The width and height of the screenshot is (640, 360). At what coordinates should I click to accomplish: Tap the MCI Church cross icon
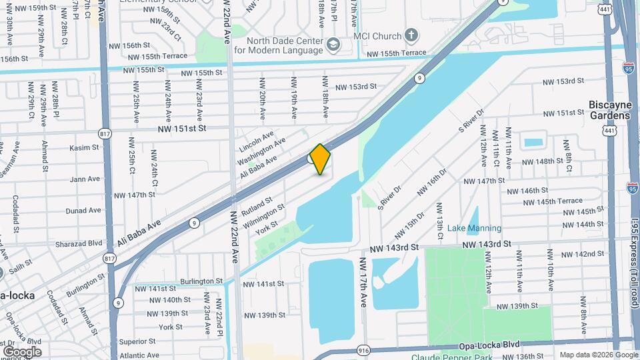[x=412, y=35]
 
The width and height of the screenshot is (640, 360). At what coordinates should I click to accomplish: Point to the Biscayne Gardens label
[x=609, y=110]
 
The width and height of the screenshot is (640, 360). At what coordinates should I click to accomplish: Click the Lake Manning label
[x=474, y=228]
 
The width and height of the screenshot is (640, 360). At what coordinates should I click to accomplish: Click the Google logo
[x=21, y=351]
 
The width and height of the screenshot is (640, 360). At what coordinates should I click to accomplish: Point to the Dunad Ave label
[x=83, y=210]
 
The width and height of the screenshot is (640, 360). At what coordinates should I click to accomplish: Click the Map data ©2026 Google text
[x=598, y=355]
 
